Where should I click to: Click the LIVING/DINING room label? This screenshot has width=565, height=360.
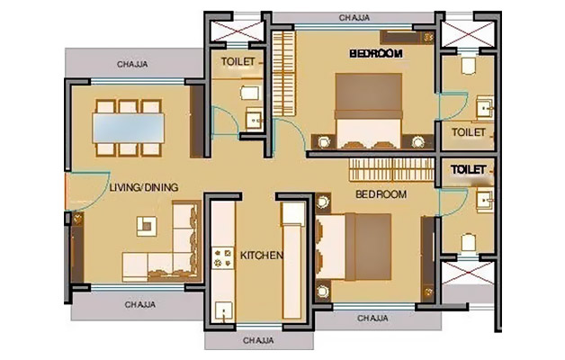coord(143,187)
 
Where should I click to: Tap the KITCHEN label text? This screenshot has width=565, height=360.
coord(262,256)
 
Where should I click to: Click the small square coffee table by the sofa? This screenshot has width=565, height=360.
coord(141,222)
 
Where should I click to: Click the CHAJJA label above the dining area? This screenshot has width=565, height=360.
coord(134,64)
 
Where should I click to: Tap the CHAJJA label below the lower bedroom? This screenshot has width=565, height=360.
coord(372,319)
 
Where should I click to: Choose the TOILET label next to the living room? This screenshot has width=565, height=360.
coord(238,62)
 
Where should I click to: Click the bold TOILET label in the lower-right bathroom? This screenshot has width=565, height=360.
coord(469,169)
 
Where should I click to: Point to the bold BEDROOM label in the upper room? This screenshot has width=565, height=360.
coord(376,54)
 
